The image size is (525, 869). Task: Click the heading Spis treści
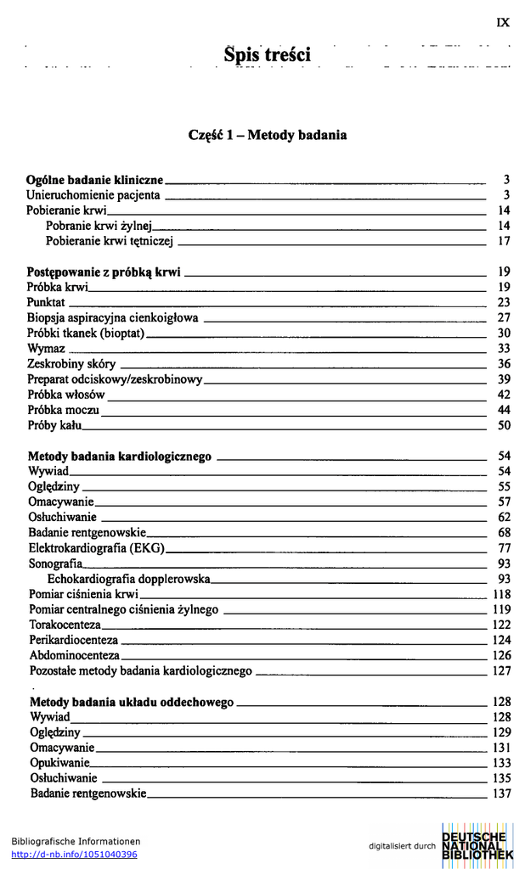click(x=267, y=55)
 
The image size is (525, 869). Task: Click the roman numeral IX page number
click(x=503, y=23)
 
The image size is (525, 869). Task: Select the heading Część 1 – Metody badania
click(x=268, y=135)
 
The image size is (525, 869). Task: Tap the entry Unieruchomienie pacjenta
click(x=93, y=195)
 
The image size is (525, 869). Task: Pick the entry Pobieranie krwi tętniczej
click(x=110, y=241)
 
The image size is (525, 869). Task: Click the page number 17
click(x=503, y=241)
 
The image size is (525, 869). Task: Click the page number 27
click(x=503, y=318)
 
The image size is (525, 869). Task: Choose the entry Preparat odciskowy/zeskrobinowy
click(x=115, y=379)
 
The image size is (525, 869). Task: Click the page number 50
click(x=503, y=425)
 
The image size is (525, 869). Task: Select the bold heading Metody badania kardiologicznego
click(x=119, y=457)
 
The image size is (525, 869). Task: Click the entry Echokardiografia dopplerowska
click(x=127, y=579)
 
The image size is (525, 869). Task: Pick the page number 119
click(x=501, y=609)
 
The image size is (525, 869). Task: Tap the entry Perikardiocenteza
click(x=73, y=640)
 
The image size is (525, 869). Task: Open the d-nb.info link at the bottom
click(x=74, y=855)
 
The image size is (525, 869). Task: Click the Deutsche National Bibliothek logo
click(x=477, y=845)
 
